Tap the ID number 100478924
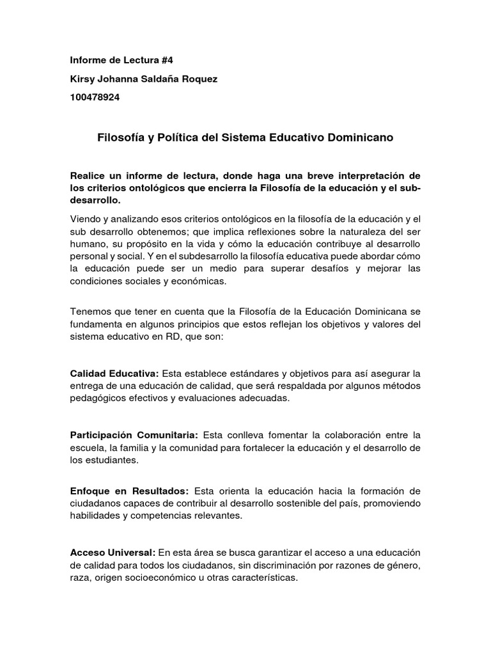click(x=95, y=97)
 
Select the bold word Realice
click(x=89, y=176)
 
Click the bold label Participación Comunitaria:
click(x=134, y=435)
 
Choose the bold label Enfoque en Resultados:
click(x=129, y=491)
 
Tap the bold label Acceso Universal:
click(x=113, y=552)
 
